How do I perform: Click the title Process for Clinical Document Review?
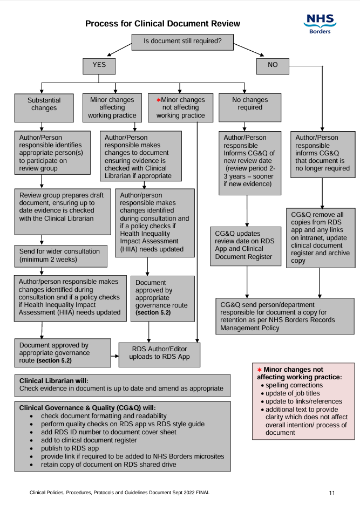[x=162, y=24]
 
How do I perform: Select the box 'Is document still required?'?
[x=182, y=42]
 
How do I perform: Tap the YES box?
[x=99, y=65]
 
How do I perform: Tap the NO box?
[x=273, y=65]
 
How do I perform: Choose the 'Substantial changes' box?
[x=44, y=104]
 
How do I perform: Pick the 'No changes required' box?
[x=249, y=104]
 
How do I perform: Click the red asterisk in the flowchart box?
[x=159, y=100]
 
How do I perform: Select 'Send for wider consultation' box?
[x=59, y=255]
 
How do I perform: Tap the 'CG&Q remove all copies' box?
[x=321, y=237]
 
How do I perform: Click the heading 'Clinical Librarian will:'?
[x=54, y=380]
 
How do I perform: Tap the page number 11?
[x=332, y=493]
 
